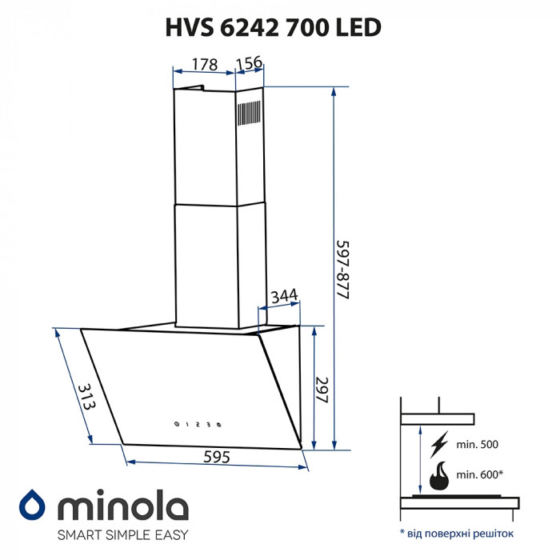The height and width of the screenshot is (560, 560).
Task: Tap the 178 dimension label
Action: tap(204, 64)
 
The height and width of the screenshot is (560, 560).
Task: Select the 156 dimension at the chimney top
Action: tap(250, 64)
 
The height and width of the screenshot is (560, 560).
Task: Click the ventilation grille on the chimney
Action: tap(249, 112)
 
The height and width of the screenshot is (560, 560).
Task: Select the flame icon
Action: tap(440, 478)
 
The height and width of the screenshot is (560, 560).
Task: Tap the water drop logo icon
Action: tap(33, 506)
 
